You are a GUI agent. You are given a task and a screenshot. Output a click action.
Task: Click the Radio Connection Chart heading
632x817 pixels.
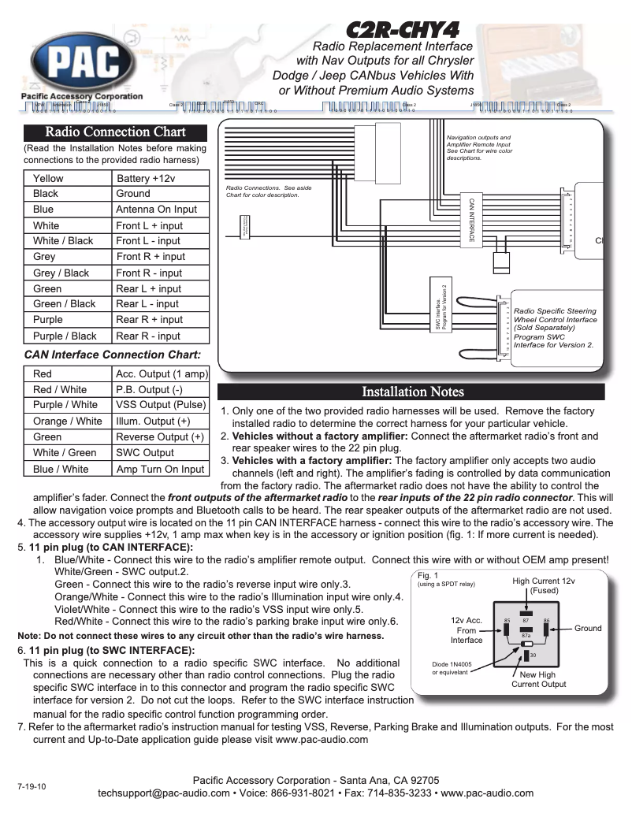115,132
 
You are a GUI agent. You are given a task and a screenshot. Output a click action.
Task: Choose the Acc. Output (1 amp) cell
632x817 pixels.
161,374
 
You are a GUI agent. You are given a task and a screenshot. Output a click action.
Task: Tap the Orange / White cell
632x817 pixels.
68,421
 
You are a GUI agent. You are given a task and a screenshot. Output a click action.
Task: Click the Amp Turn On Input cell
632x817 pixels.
160,469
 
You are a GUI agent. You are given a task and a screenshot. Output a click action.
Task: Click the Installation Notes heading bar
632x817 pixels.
412,392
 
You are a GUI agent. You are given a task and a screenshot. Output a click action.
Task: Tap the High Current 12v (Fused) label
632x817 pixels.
544,585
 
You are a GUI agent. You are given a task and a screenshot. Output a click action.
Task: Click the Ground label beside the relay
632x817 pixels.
587,628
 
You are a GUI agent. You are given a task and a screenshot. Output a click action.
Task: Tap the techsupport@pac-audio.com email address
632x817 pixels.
163,793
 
